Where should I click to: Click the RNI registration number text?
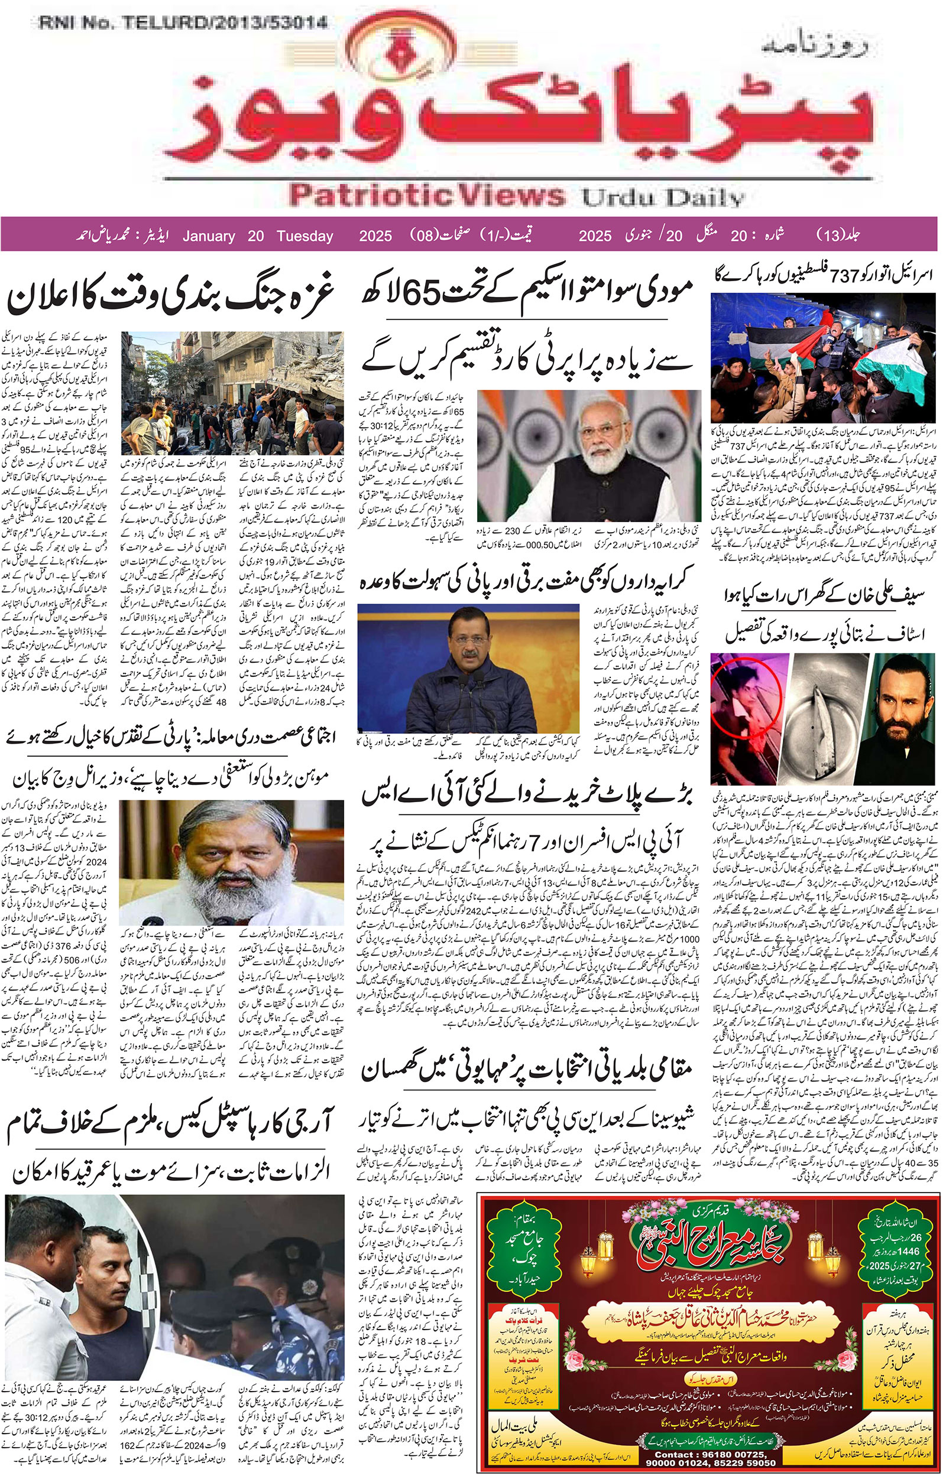pos(183,24)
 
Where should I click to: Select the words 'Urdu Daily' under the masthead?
pos(663,198)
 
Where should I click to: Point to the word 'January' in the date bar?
pos(209,236)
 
